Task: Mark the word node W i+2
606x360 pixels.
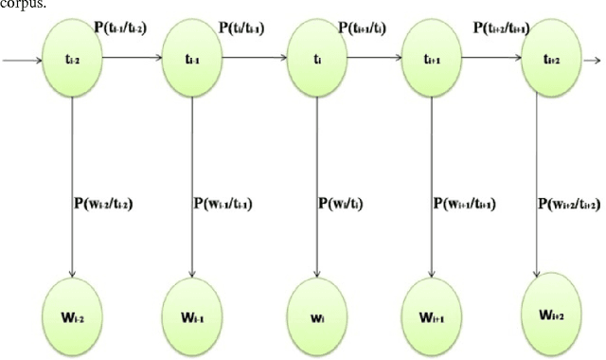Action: pyautogui.click(x=552, y=305)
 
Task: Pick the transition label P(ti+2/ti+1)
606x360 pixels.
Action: pyautogui.click(x=494, y=27)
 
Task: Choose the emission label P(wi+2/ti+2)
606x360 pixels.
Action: pyautogui.click(x=568, y=205)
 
